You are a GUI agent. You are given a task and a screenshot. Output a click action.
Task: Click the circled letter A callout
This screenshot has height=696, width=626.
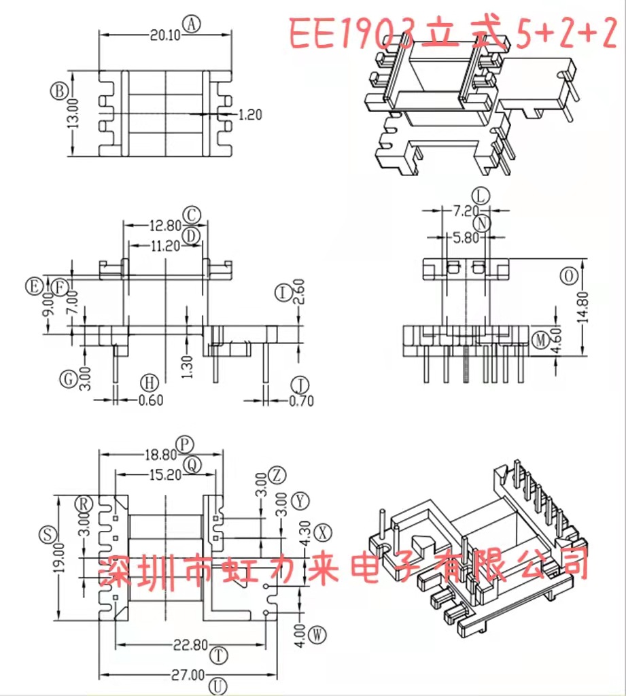[192, 24]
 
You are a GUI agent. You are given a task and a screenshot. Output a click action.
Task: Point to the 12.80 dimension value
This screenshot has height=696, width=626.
[162, 226]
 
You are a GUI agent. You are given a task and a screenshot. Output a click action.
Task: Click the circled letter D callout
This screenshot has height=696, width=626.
[193, 236]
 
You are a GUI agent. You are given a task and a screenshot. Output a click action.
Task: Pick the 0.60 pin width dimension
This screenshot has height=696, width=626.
[151, 400]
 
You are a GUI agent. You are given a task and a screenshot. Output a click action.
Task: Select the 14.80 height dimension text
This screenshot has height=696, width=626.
[588, 308]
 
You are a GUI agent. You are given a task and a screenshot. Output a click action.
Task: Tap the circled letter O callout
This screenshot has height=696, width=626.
[568, 275]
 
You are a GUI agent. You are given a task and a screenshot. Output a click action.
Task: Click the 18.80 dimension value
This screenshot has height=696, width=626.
[160, 455]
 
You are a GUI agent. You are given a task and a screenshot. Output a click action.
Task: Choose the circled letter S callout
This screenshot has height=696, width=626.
[47, 535]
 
